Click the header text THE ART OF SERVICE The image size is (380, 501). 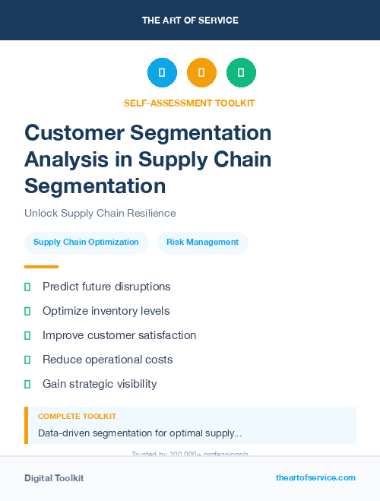(x=190, y=21)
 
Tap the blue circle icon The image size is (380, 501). (x=162, y=73)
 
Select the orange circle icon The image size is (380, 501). (x=201, y=73)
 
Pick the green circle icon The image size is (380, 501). (x=241, y=73)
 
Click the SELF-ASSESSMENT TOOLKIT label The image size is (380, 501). (x=190, y=103)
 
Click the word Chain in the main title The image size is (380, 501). (x=241, y=160)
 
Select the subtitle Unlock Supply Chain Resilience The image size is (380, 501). (x=100, y=213)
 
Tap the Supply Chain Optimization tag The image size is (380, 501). (x=86, y=243)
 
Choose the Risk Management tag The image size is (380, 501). (x=202, y=243)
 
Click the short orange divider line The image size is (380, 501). (x=41, y=267)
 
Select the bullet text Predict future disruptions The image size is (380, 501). (x=106, y=287)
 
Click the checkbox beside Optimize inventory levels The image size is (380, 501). (x=27, y=311)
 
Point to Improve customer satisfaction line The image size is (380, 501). (x=119, y=335)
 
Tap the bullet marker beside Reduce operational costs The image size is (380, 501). (x=27, y=360)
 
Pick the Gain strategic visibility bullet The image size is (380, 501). (x=100, y=384)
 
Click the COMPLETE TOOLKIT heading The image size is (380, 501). (x=77, y=417)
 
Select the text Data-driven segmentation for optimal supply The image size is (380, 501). (x=140, y=433)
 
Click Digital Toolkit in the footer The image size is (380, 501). (x=54, y=478)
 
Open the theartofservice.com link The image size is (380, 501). (x=315, y=477)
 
